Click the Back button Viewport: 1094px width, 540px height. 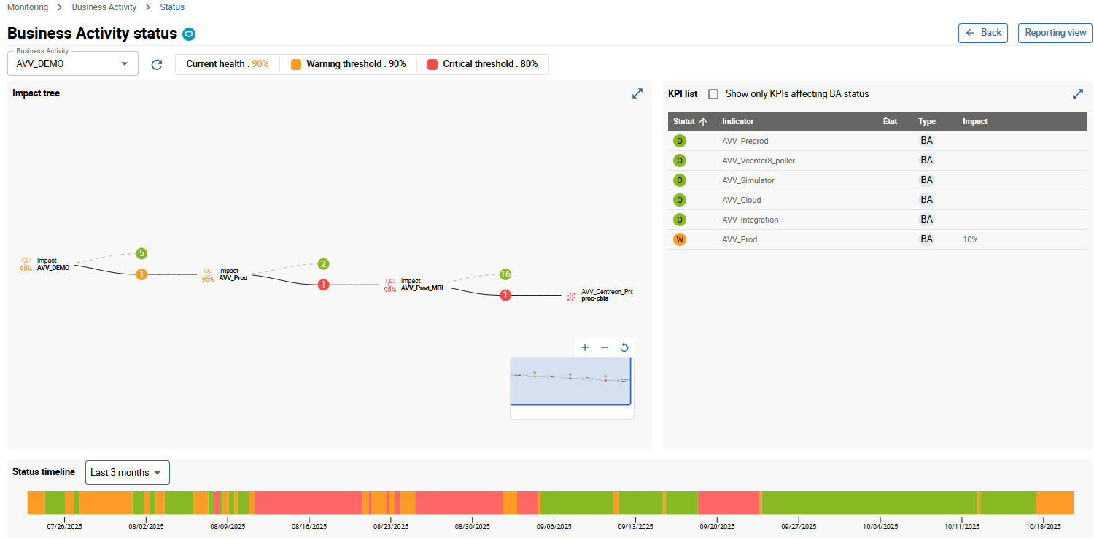[x=982, y=33]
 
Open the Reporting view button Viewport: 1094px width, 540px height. [x=1055, y=33]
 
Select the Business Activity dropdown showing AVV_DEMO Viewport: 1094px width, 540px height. [x=72, y=63]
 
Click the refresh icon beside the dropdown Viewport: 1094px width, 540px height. [x=157, y=64]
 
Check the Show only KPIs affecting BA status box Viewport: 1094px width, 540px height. [x=713, y=94]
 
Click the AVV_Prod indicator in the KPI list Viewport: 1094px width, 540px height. [x=740, y=239]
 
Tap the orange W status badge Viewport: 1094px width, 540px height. [x=680, y=239]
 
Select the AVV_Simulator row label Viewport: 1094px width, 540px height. [x=748, y=180]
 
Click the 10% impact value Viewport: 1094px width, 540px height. [x=970, y=239]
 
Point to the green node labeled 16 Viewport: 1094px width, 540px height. [x=505, y=274]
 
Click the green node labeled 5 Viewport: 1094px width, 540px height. [x=141, y=254]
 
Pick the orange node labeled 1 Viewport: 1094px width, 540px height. [x=141, y=274]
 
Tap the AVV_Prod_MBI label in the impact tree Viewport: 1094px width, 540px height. [x=422, y=288]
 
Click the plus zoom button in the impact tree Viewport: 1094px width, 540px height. [x=585, y=347]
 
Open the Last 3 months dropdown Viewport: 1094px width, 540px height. [x=127, y=473]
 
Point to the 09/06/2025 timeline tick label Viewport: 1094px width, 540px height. [x=554, y=526]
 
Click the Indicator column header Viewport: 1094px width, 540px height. [x=737, y=121]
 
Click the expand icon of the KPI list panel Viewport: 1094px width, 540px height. [x=1077, y=94]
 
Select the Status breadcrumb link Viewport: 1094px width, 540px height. [x=172, y=7]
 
